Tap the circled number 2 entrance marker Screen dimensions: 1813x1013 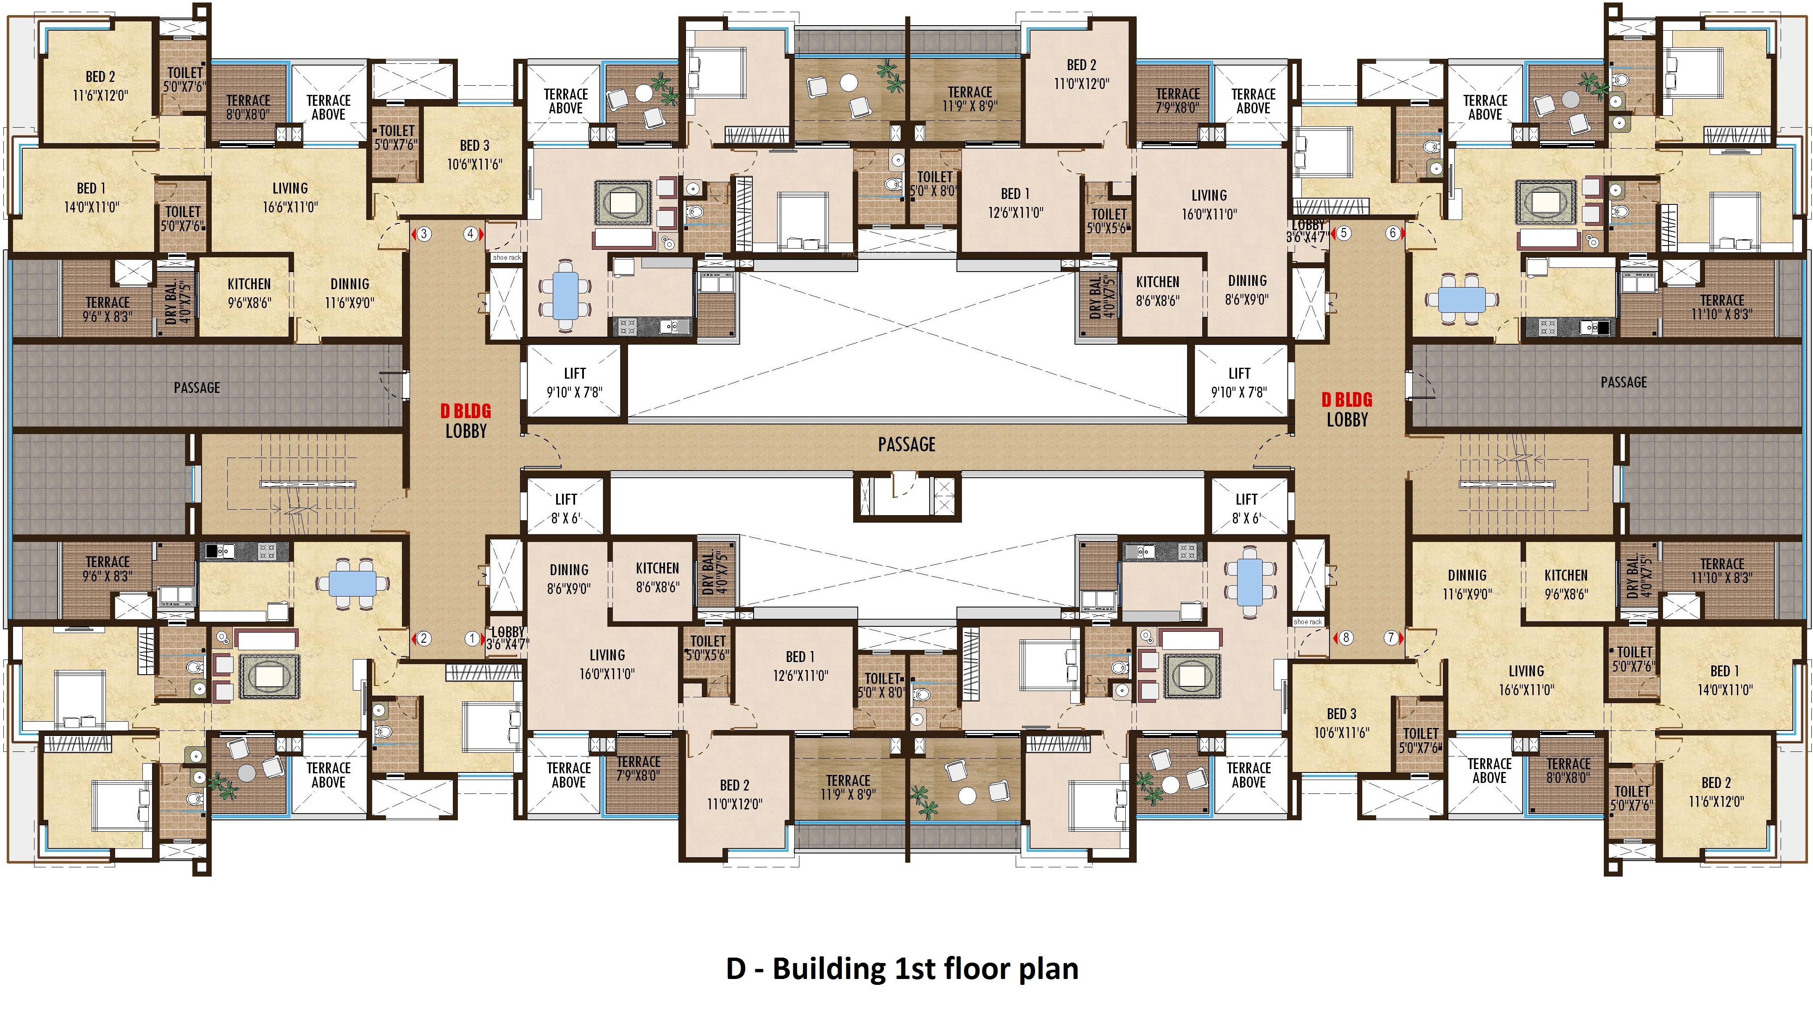pyautogui.click(x=424, y=639)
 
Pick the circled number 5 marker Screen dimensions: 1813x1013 pyautogui.click(x=1343, y=233)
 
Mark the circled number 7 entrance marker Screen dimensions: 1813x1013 pyautogui.click(x=1391, y=638)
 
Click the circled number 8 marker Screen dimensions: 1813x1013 pyautogui.click(x=1345, y=638)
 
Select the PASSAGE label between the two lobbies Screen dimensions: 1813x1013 pyautogui.click(x=906, y=445)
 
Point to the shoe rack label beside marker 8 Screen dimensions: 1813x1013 pyautogui.click(x=1308, y=622)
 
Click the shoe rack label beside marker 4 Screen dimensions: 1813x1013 pyautogui.click(x=507, y=257)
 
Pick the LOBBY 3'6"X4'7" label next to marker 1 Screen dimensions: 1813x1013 pyautogui.click(x=507, y=637)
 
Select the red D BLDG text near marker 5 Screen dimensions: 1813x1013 pyautogui.click(x=1347, y=400)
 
